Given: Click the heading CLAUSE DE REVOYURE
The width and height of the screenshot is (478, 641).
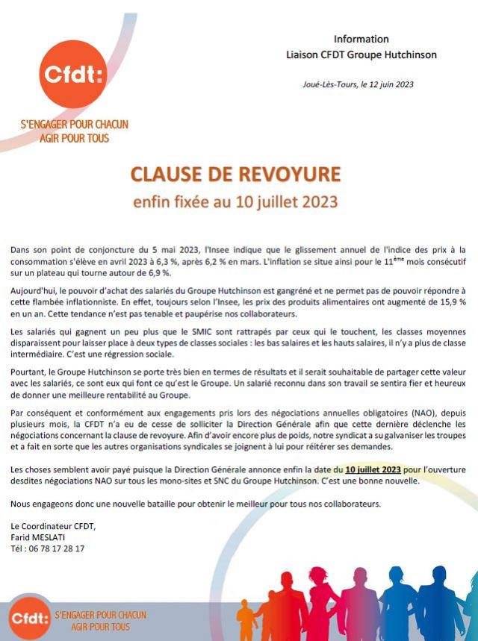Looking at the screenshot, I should tap(235, 175).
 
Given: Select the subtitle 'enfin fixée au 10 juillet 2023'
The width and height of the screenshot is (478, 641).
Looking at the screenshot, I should tap(235, 201).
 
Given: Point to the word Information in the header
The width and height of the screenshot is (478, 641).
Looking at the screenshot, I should tap(361, 39).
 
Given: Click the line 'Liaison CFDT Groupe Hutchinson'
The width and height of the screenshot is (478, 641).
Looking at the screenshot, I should tap(361, 54).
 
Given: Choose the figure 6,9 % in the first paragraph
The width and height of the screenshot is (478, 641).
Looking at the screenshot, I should tap(167, 273).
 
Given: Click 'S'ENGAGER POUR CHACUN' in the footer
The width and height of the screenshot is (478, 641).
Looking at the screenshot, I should tap(100, 614).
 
